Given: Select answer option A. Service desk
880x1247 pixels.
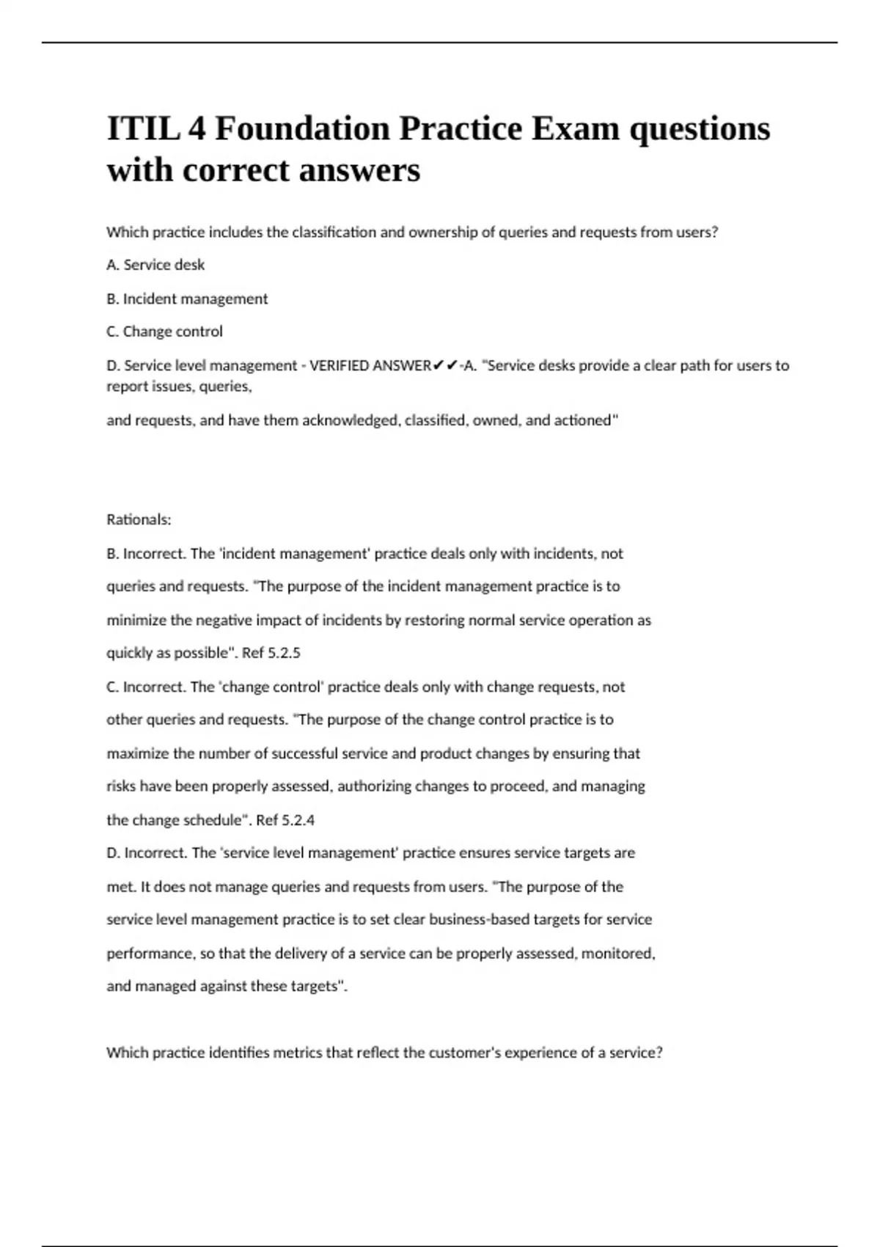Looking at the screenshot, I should (x=155, y=265).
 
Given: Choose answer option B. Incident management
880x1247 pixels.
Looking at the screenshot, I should (x=187, y=299).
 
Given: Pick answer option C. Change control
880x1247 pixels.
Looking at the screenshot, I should (x=164, y=332).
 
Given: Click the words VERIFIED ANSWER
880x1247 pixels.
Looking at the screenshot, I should (x=370, y=365).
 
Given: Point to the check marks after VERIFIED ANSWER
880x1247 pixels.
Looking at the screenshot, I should (x=446, y=365).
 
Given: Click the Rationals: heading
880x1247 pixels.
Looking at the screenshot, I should (x=139, y=519).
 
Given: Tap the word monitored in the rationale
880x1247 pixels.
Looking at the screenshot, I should (x=617, y=953).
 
